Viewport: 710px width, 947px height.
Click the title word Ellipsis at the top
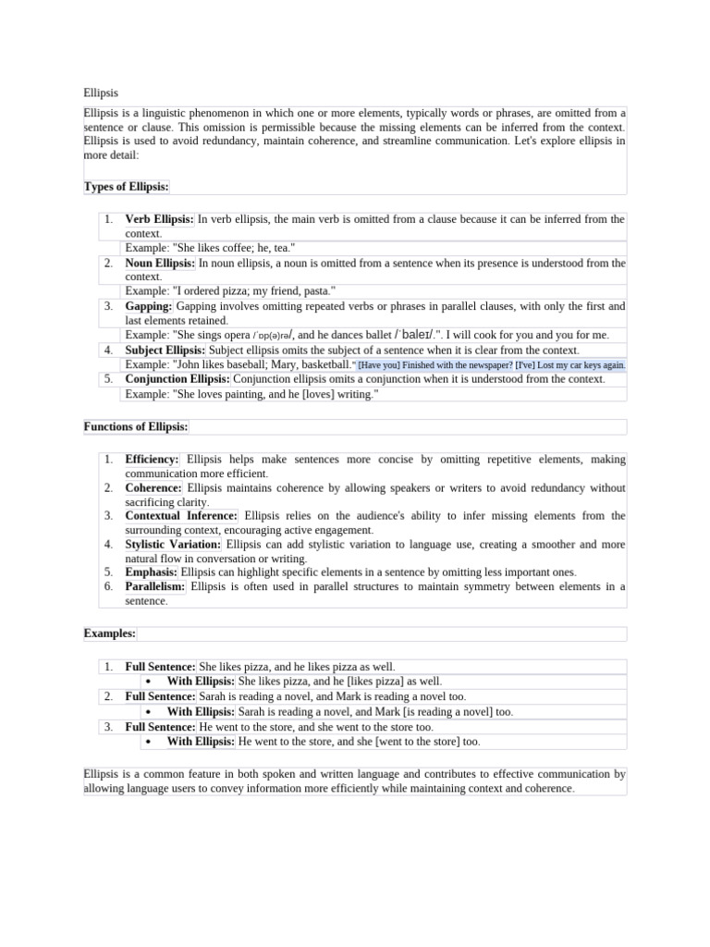click(101, 92)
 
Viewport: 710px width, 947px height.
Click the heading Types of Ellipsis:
click(126, 187)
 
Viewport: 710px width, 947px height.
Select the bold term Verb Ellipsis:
click(159, 219)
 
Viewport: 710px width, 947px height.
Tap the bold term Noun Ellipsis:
click(160, 263)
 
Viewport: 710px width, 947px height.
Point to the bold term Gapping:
click(149, 305)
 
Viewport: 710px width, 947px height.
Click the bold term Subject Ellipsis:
click(165, 350)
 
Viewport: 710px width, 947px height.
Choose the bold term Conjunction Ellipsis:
click(177, 379)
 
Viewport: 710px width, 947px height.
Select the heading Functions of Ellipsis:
click(136, 426)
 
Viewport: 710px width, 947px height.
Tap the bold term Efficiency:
click(152, 459)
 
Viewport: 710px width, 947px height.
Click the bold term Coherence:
click(153, 487)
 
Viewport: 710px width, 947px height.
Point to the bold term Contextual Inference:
click(181, 515)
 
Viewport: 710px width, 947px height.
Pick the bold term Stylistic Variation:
click(173, 545)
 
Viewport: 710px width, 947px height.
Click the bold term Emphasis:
click(152, 572)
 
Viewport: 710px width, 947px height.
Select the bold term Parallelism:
click(155, 586)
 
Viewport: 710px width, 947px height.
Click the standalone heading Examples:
click(109, 633)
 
